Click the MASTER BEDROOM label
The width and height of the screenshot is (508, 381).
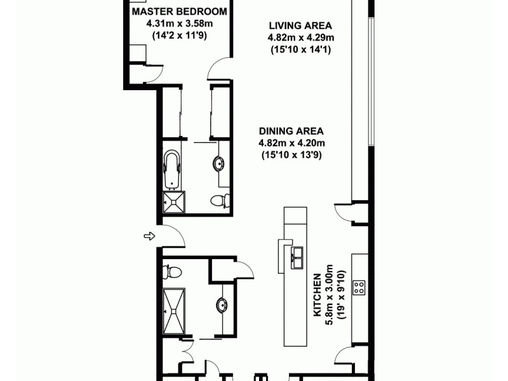178,12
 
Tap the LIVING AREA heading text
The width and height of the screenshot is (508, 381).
300,26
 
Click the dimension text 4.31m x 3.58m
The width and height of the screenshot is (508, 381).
178,25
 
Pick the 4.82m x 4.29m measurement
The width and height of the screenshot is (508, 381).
300,38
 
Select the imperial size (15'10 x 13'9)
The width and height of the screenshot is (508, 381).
291,154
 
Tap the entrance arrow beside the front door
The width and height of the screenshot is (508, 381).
149,236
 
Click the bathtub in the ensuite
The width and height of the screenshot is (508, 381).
171,170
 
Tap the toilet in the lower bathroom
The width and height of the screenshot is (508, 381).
172,272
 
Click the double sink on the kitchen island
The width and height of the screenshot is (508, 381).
297,255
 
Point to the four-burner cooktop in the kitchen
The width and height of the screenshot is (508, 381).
359,287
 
